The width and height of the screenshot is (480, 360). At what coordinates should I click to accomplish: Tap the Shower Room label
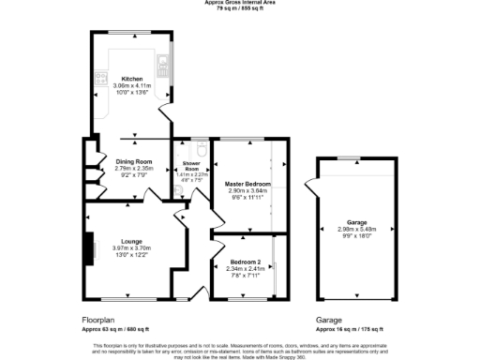[x=190, y=167]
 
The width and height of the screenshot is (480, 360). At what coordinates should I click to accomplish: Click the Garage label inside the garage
[x=355, y=221]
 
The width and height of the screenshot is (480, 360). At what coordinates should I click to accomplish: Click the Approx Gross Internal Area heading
[x=240, y=3]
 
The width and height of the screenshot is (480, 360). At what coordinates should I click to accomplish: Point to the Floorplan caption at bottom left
[x=99, y=320]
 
